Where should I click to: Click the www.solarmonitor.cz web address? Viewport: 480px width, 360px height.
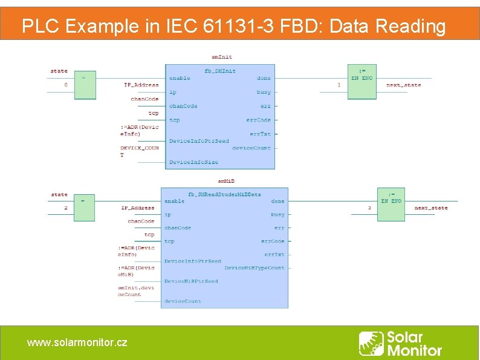pyautogui.click(x=77, y=342)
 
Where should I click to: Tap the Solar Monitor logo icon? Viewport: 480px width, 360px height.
pyautogui.click(x=371, y=343)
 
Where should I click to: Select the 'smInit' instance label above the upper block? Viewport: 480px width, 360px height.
pyautogui.click(x=221, y=57)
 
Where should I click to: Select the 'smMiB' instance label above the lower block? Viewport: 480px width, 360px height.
pyautogui.click(x=225, y=180)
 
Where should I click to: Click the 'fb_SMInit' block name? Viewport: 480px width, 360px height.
pyautogui.click(x=220, y=71)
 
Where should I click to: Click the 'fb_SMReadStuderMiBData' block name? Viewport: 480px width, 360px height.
pyautogui.click(x=224, y=194)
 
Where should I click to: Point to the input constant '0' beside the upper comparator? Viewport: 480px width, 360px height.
pyautogui.click(x=66, y=85)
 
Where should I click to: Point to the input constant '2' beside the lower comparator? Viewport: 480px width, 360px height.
pyautogui.click(x=66, y=208)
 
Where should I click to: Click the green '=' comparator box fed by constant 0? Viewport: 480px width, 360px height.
pyautogui.click(x=85, y=85)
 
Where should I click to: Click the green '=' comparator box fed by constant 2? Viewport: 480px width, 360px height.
pyautogui.click(x=85, y=207)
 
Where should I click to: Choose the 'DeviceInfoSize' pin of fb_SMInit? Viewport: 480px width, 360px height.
pyautogui.click(x=193, y=162)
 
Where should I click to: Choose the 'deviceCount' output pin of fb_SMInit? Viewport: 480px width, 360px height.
pyautogui.click(x=251, y=148)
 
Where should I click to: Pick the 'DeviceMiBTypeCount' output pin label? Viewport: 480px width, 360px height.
pyautogui.click(x=254, y=267)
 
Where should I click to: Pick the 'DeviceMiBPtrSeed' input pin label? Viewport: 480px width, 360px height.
pyautogui.click(x=191, y=281)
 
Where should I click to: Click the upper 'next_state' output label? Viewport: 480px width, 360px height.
pyautogui.click(x=403, y=85)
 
